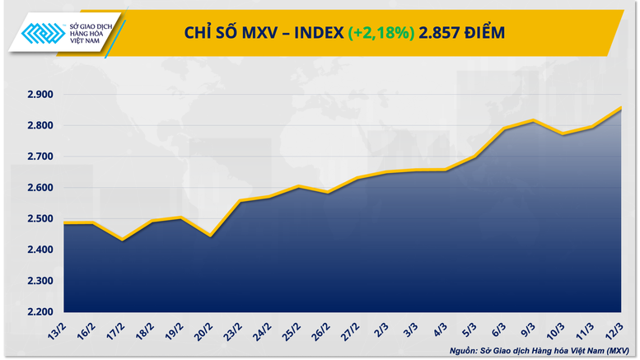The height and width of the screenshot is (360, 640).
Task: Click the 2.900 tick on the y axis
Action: pos(39,95)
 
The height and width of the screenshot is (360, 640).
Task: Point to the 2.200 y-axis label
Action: pos(39,312)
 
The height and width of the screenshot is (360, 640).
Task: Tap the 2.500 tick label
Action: pos(39,219)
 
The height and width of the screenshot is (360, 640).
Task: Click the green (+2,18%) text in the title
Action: pos(381,33)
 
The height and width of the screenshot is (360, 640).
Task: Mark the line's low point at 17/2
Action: pos(123,240)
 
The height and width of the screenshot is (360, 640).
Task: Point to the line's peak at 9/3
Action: pos(534,120)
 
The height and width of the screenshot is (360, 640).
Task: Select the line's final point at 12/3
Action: pos(620,108)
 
